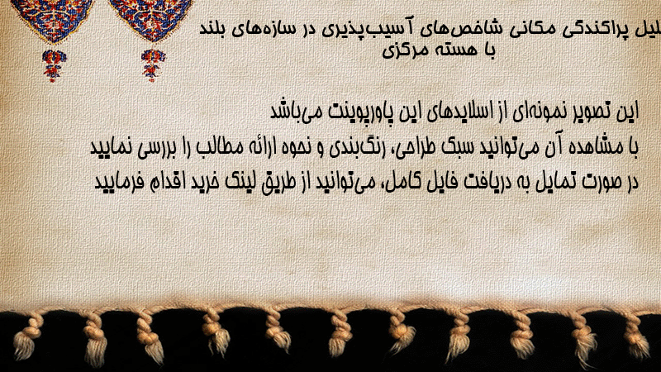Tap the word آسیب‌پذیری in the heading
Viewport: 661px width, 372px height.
point(364,29)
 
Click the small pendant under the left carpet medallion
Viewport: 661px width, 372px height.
point(53,65)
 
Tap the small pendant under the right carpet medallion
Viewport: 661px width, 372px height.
point(153,64)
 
